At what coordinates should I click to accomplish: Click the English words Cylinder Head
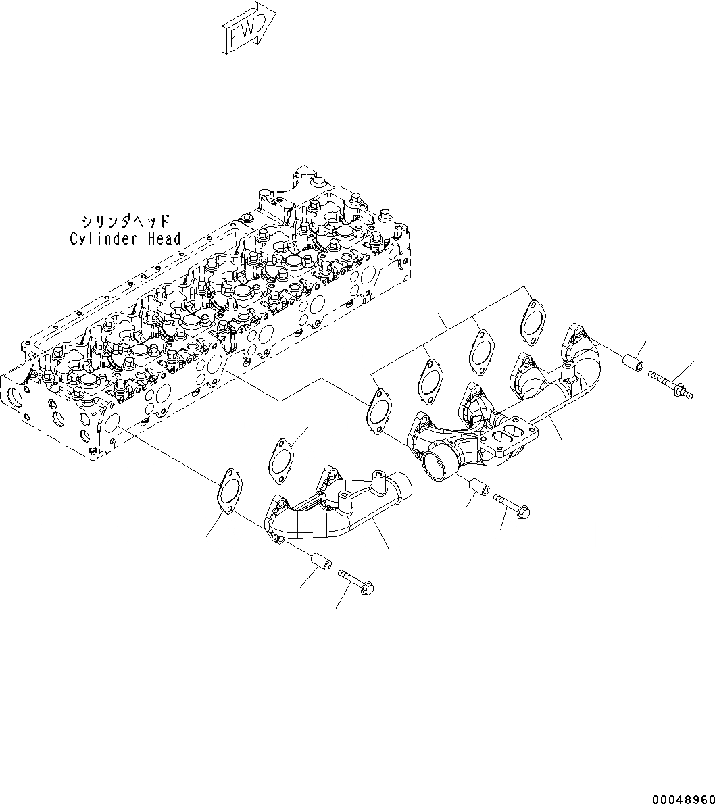click(x=126, y=238)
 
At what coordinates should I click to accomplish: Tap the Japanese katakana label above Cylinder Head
click(x=125, y=222)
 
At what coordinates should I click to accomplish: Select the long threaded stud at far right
click(x=669, y=383)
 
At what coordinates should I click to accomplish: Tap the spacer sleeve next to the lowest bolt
click(x=319, y=561)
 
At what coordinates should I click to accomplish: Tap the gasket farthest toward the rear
click(x=533, y=318)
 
